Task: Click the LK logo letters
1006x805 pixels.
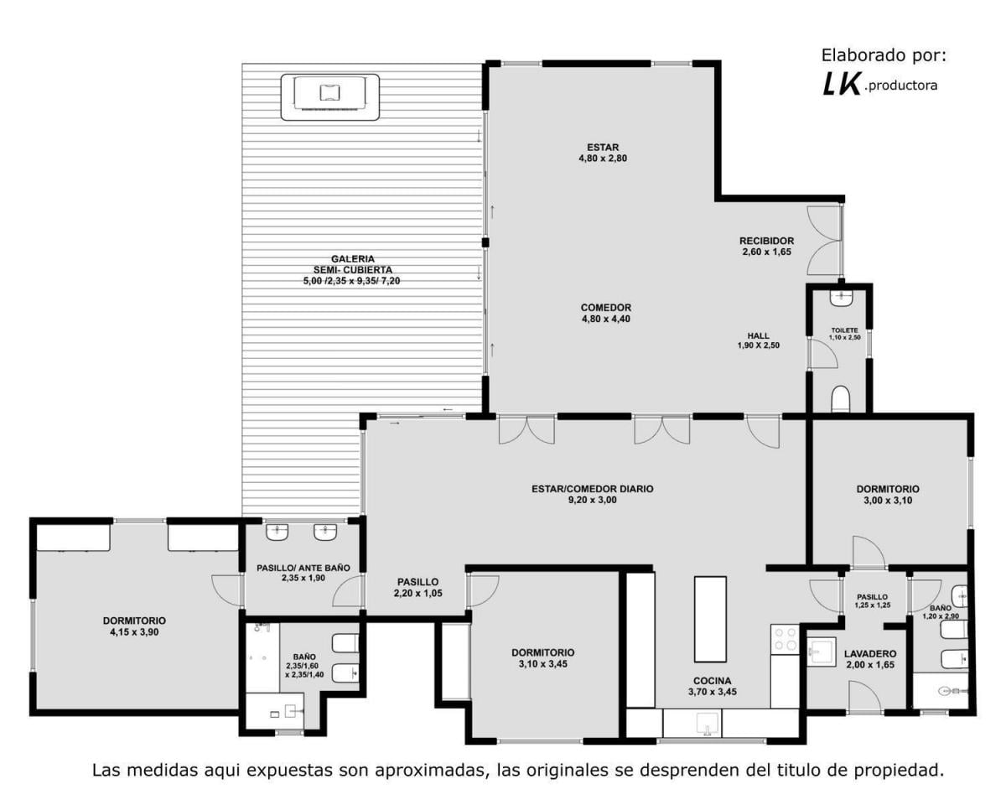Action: (841, 85)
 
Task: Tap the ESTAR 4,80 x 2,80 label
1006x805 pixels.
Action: (603, 153)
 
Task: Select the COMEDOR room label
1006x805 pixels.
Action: (606, 313)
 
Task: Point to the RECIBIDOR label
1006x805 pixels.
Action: (766, 246)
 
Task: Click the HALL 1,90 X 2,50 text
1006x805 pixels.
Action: (758, 340)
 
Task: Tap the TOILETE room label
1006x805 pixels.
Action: (845, 334)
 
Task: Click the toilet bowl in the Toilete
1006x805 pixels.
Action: (842, 398)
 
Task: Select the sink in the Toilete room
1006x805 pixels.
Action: (842, 298)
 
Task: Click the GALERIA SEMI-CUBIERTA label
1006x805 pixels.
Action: (352, 270)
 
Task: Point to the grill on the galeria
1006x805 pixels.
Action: (329, 96)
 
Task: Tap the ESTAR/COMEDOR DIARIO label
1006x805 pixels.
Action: (593, 494)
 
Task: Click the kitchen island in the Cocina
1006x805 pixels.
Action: (709, 619)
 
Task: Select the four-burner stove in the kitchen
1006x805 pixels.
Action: (784, 639)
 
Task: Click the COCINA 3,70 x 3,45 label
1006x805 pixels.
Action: (712, 686)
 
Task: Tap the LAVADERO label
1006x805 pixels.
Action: (870, 659)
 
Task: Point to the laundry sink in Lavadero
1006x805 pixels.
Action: (821, 651)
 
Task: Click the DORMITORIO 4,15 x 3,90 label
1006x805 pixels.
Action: (135, 626)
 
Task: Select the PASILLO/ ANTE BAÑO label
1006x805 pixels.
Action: (303, 573)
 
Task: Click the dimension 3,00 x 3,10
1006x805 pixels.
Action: (888, 500)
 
